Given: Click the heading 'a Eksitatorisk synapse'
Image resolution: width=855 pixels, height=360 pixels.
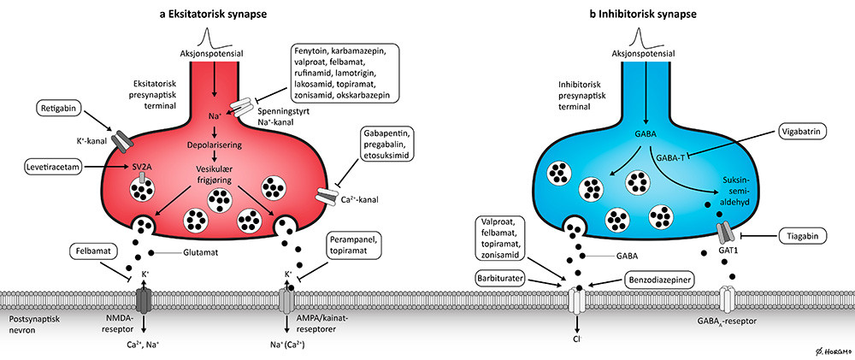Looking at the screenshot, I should click(205, 13).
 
